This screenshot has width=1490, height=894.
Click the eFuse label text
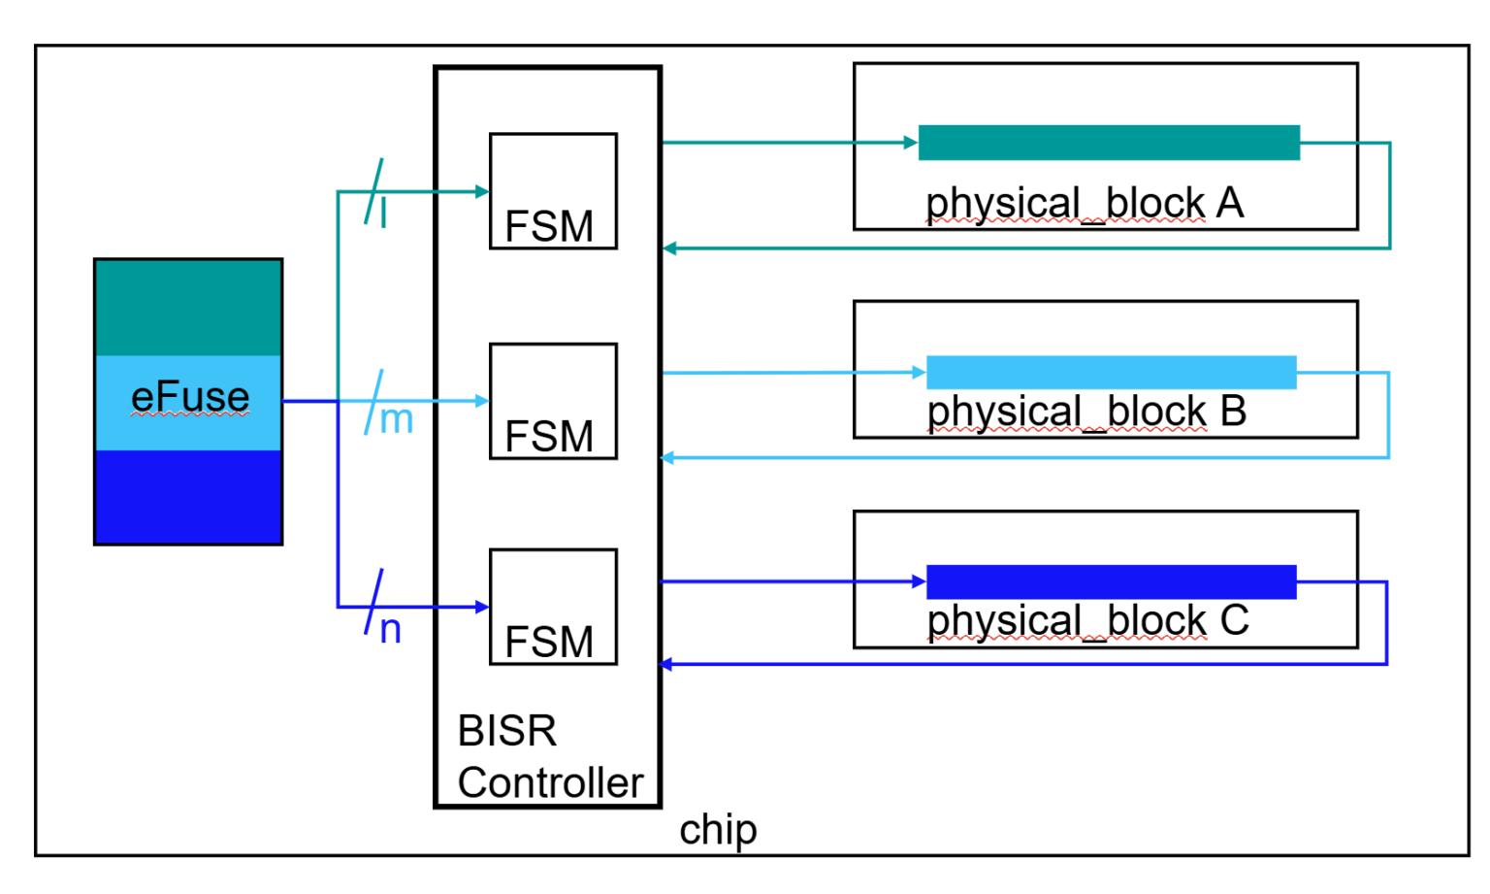coord(190,397)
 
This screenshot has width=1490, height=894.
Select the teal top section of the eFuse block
coord(188,308)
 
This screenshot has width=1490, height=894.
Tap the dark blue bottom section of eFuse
coord(188,496)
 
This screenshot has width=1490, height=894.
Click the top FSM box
coord(553,191)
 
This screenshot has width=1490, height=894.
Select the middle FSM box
coord(553,401)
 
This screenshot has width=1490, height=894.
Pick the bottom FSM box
coord(553,607)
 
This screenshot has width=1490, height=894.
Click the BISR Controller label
coord(549,757)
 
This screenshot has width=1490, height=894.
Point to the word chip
coord(718,830)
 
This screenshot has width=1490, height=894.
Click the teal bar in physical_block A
coord(1109,143)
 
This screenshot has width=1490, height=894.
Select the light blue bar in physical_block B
coord(1111,373)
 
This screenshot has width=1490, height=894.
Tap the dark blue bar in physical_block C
coord(1111,581)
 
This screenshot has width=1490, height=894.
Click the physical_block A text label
coord(1084,204)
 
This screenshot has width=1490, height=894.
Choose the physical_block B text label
coord(1086,412)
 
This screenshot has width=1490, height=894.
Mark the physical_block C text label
coord(1087,621)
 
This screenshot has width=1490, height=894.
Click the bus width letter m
coord(396,420)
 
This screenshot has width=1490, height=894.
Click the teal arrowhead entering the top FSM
coord(482,192)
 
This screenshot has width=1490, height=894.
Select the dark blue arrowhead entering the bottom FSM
coord(482,607)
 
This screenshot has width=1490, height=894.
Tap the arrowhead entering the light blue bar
coord(920,372)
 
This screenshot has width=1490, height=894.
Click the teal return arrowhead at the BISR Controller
coord(669,248)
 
